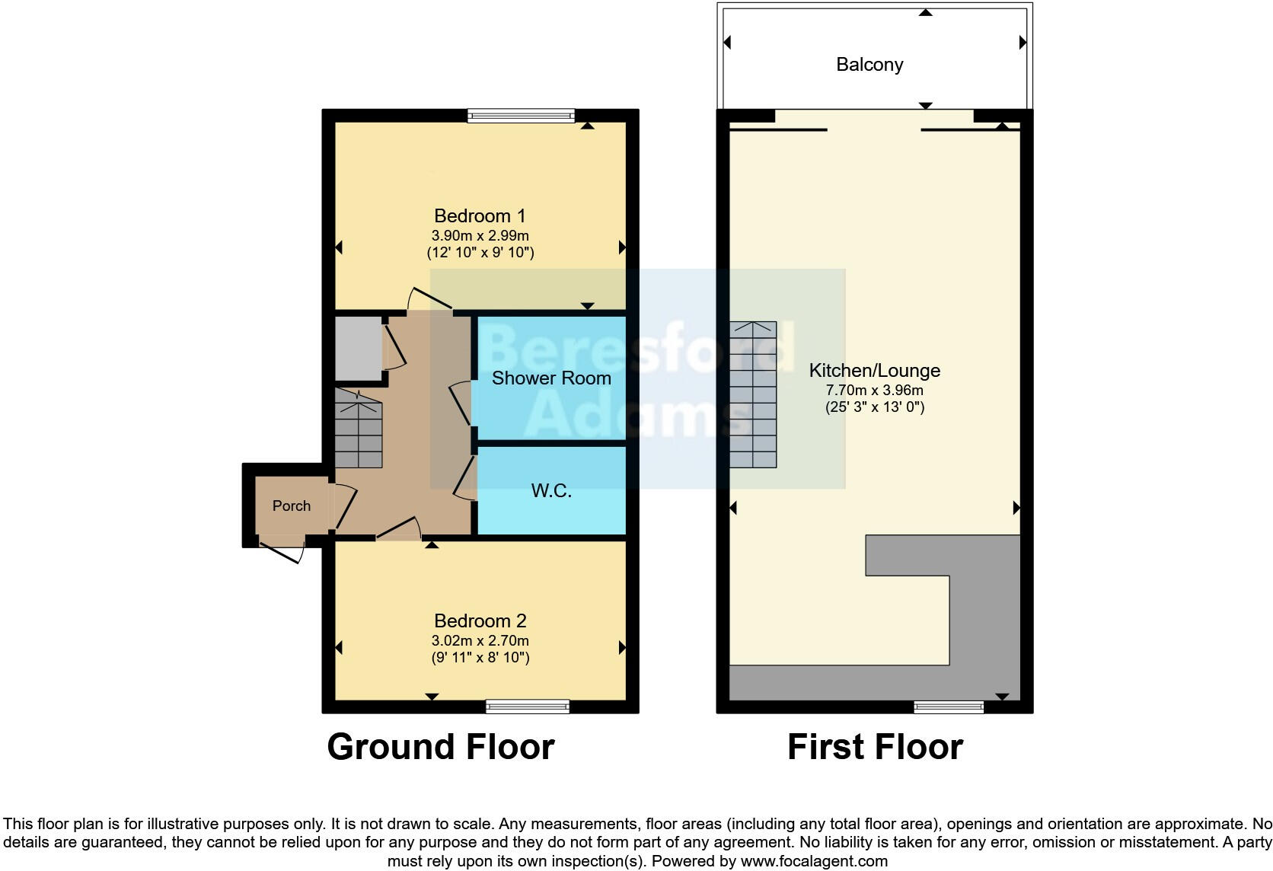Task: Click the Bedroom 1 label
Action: click(480, 215)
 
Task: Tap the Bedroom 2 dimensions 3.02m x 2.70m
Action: click(480, 640)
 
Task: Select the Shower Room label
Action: click(551, 378)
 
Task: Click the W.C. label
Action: click(551, 490)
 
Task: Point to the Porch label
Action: click(291, 506)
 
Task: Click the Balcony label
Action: click(869, 65)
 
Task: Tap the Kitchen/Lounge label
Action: click(874, 371)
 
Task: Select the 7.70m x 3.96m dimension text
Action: click(874, 390)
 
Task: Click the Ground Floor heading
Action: click(440, 747)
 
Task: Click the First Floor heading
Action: click(875, 747)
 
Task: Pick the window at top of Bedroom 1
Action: click(521, 116)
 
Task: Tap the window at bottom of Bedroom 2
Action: click(528, 707)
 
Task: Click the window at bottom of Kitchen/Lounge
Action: click(948, 707)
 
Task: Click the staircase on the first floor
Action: click(753, 394)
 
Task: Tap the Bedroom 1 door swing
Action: click(426, 299)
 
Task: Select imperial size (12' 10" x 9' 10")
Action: click(480, 252)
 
